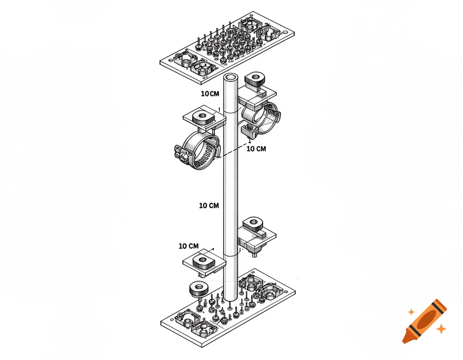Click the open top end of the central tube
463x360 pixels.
[231, 78]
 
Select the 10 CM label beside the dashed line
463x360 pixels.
[256, 149]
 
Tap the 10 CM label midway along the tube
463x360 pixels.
[209, 205]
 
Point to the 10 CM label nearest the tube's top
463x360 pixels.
[211, 94]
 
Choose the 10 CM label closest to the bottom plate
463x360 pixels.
[188, 246]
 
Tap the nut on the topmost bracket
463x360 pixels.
[254, 78]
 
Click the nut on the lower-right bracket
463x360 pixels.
[254, 223]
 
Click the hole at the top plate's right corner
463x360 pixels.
[286, 32]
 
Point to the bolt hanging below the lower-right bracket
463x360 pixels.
[254, 253]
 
